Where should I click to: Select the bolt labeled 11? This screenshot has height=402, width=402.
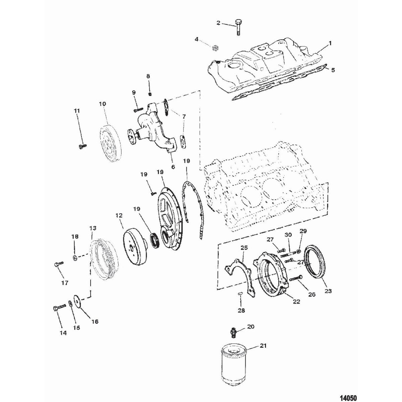coord(81,146)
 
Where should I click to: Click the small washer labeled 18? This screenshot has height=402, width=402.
coord(75,257)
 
